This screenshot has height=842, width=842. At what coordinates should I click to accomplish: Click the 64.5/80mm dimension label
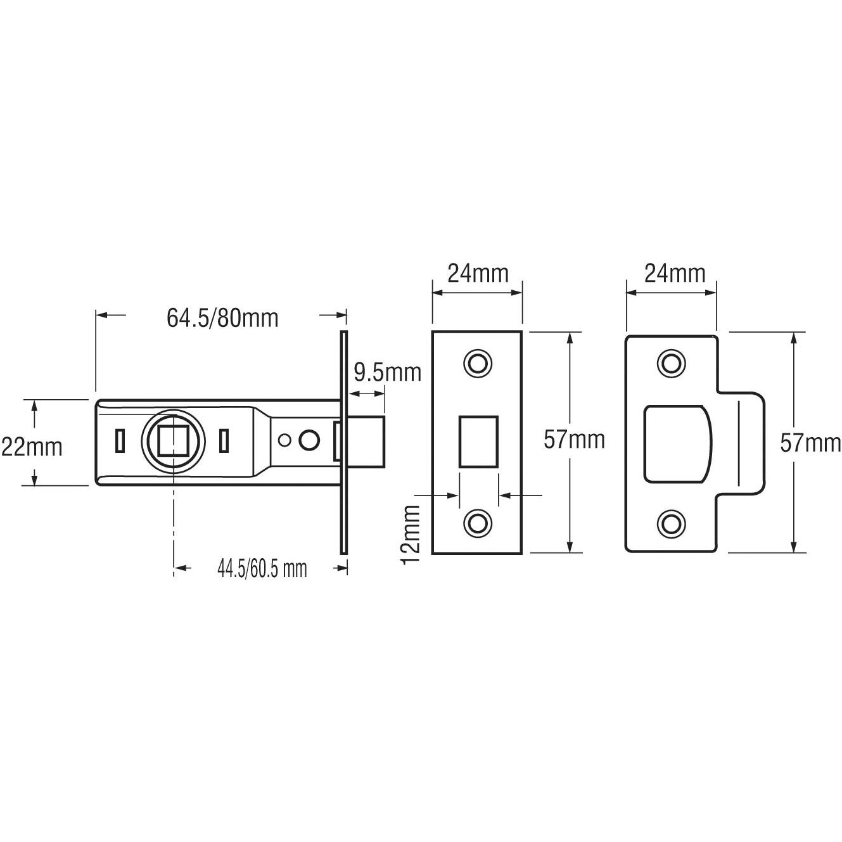pyautogui.click(x=222, y=318)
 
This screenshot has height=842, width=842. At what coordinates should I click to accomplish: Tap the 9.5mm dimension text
pyautogui.click(x=387, y=373)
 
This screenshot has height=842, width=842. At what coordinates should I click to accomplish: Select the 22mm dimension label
pyautogui.click(x=32, y=447)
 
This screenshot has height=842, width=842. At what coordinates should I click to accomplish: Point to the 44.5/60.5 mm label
pyautogui.click(x=262, y=568)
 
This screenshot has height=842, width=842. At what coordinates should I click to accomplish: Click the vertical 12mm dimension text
pyautogui.click(x=411, y=534)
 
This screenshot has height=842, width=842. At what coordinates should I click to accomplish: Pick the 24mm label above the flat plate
pyautogui.click(x=478, y=274)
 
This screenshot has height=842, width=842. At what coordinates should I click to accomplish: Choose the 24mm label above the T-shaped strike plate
pyautogui.click(x=675, y=274)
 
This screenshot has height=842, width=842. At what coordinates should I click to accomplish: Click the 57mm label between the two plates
pyautogui.click(x=574, y=440)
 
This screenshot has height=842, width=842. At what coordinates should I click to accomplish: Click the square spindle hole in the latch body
pyautogui.click(x=173, y=440)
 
